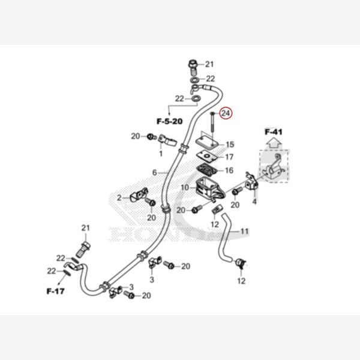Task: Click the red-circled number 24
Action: [x=226, y=113]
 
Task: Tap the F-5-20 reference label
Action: [x=169, y=121]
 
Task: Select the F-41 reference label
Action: [x=273, y=131]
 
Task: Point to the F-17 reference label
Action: [x=56, y=292]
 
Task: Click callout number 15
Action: [x=230, y=145]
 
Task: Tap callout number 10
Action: [x=184, y=188]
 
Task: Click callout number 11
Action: [x=244, y=230]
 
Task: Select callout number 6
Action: [x=154, y=173]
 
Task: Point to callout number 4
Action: [x=254, y=202]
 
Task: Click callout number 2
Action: [x=119, y=197]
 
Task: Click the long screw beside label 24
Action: [x=212, y=126]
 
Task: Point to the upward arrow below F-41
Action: [x=273, y=143]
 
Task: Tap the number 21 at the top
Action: [x=209, y=64]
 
